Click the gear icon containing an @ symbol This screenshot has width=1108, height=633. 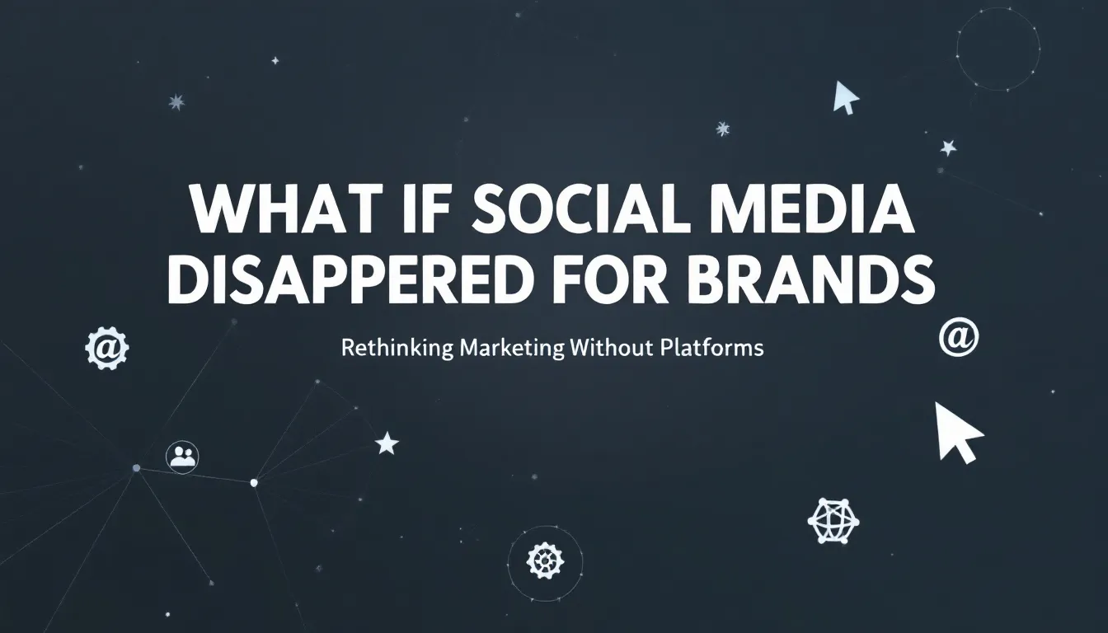point(107,349)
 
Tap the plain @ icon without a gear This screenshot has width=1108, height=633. point(959,339)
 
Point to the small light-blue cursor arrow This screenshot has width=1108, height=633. point(845,96)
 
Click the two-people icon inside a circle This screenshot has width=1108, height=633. point(181,456)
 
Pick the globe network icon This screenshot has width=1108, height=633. point(833,519)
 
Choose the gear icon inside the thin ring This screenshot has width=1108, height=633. point(545,561)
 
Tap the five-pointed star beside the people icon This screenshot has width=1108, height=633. point(387,443)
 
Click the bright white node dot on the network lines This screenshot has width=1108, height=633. point(254,482)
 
